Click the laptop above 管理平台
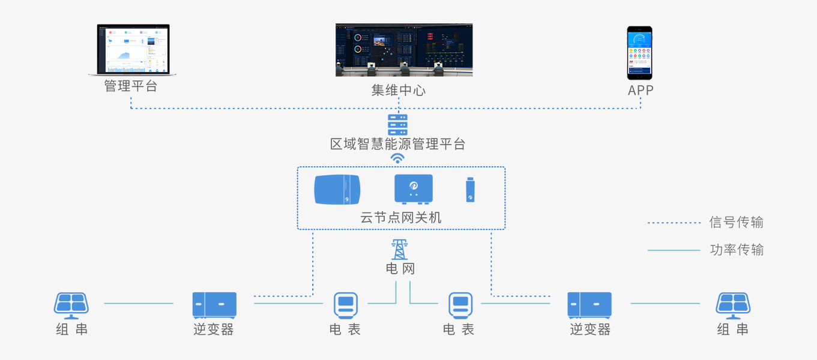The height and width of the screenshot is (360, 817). pyautogui.click(x=133, y=50)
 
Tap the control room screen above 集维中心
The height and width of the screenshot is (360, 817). pyautogui.click(x=404, y=50)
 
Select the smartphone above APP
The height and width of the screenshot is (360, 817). pyautogui.click(x=639, y=53)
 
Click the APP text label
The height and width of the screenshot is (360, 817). pyautogui.click(x=641, y=91)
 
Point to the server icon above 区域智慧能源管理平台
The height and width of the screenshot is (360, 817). pyautogui.click(x=397, y=124)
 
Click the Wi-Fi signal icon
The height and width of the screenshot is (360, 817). pyautogui.click(x=397, y=158)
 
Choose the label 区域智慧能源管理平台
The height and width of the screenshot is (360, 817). pyautogui.click(x=397, y=144)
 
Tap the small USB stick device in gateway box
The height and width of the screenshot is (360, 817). pyautogui.click(x=471, y=190)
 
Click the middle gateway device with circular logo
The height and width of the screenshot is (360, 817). pyautogui.click(x=413, y=189)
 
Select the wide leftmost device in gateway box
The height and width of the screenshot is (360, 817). pyautogui.click(x=337, y=189)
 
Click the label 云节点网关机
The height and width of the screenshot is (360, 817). pyautogui.click(x=400, y=218)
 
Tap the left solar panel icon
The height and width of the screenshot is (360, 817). pyautogui.click(x=71, y=305)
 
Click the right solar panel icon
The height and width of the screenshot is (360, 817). pyautogui.click(x=733, y=305)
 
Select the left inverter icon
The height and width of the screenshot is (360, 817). pyautogui.click(x=214, y=305)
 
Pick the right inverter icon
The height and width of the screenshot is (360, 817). pyautogui.click(x=589, y=305)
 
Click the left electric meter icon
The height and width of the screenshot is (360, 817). pyautogui.click(x=346, y=305)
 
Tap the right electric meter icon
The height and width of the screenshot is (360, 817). pyautogui.click(x=460, y=305)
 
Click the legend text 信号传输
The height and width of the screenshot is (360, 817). pyautogui.click(x=736, y=223)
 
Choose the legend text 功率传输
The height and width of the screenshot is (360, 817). pyautogui.click(x=737, y=250)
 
